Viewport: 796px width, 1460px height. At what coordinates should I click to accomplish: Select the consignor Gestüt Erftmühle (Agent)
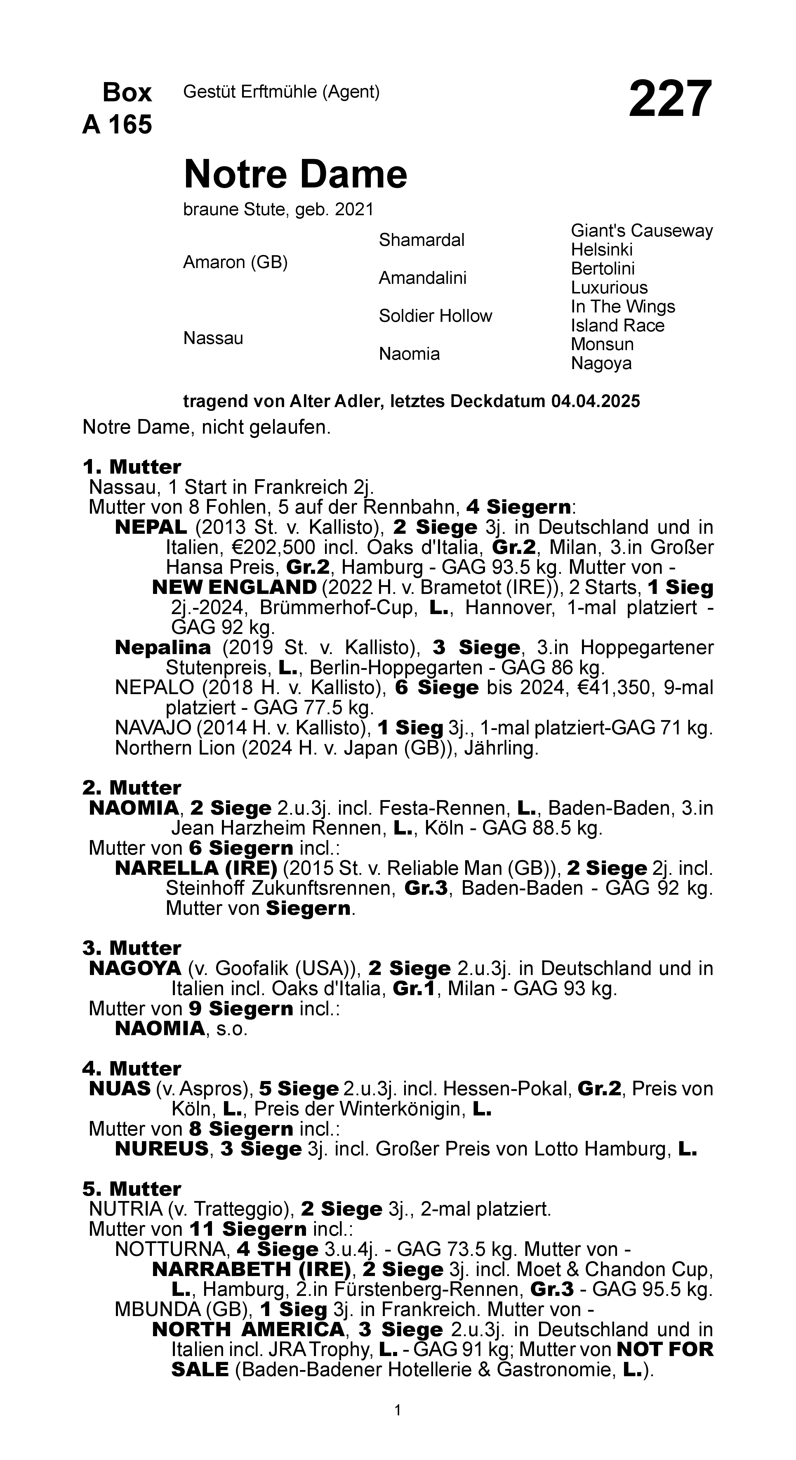pos(281,92)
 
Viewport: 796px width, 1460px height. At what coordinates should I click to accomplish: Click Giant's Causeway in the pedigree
pos(641,231)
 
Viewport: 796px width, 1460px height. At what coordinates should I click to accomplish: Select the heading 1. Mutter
pos(131,467)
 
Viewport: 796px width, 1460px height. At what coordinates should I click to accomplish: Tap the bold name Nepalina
pos(163,647)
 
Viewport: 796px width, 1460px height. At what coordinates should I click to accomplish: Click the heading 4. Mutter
pos(131,1069)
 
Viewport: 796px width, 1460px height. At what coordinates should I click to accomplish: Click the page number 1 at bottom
pos(398,1410)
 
